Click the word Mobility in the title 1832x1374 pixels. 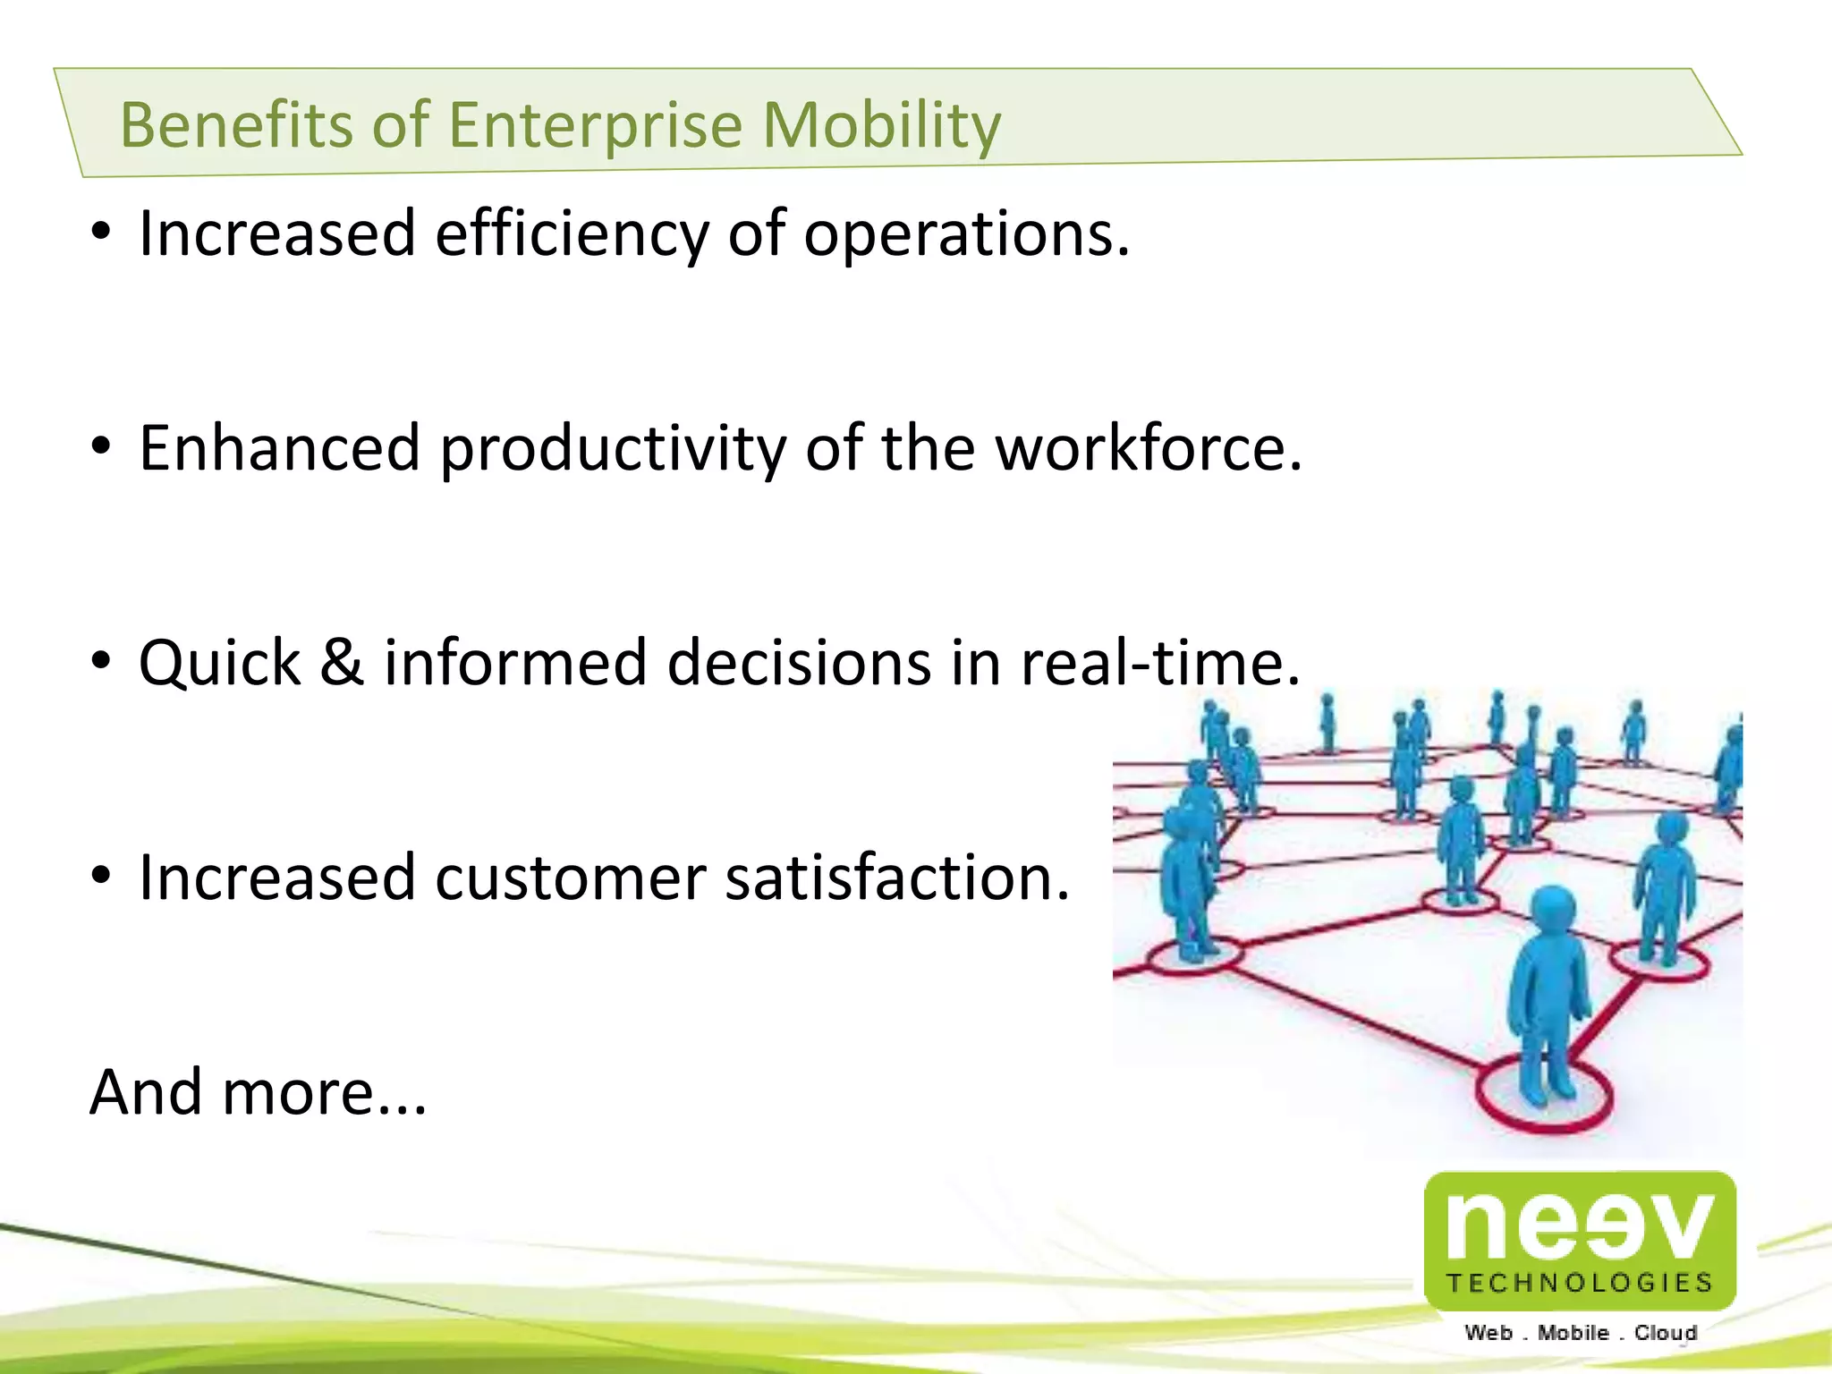click(x=881, y=125)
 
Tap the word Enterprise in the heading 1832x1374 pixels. click(x=595, y=125)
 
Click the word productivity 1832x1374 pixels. click(x=613, y=449)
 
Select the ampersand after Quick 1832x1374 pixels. click(x=343, y=663)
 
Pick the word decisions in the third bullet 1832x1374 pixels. click(x=799, y=663)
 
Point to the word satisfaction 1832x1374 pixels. click(x=897, y=878)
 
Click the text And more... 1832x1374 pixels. click(x=258, y=1093)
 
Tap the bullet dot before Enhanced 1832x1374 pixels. click(x=101, y=445)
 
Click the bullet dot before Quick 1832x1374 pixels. click(x=101, y=661)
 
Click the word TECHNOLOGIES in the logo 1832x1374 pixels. click(x=1580, y=1283)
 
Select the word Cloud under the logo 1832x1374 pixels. click(x=1665, y=1333)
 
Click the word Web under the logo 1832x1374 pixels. click(x=1488, y=1333)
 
